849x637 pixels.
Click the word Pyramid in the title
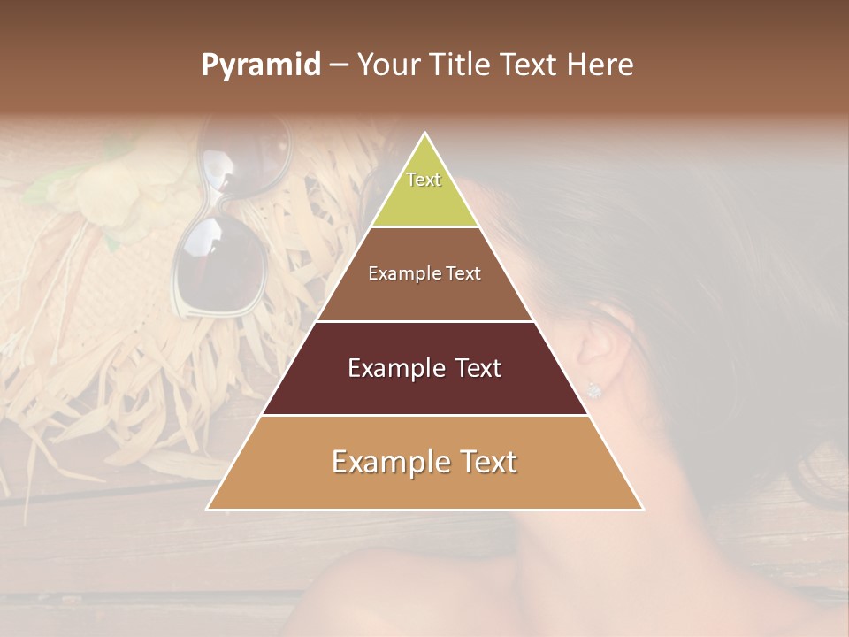[260, 65]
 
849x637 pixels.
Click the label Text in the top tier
[424, 180]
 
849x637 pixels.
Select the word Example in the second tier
[401, 273]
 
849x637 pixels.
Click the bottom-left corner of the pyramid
[208, 509]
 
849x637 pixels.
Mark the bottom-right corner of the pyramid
[642, 509]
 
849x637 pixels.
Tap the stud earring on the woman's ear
[594, 389]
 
